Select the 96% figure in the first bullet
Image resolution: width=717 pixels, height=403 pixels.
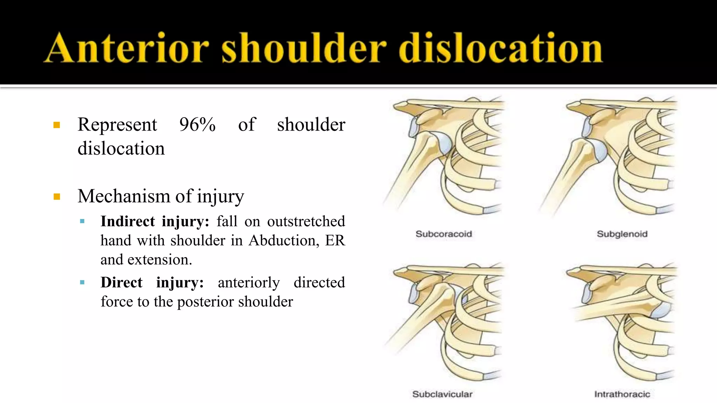point(197,125)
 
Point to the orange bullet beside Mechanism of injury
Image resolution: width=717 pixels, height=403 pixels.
point(57,197)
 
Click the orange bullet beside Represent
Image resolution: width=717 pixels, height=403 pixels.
point(57,125)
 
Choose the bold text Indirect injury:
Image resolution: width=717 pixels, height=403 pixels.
point(155,221)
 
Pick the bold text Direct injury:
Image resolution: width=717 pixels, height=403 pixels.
point(152,283)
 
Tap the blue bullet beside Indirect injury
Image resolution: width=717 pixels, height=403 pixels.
point(82,221)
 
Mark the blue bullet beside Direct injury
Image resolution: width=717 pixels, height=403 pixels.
point(82,282)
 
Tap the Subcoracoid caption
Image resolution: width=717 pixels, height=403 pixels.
point(444,234)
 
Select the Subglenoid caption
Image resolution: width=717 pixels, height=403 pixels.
point(622,234)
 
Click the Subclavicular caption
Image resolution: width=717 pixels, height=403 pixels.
point(443,394)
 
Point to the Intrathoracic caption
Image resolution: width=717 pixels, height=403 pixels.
point(622,394)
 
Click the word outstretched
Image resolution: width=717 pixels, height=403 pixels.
point(306,221)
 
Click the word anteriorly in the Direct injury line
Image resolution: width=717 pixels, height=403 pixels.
point(249,283)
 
